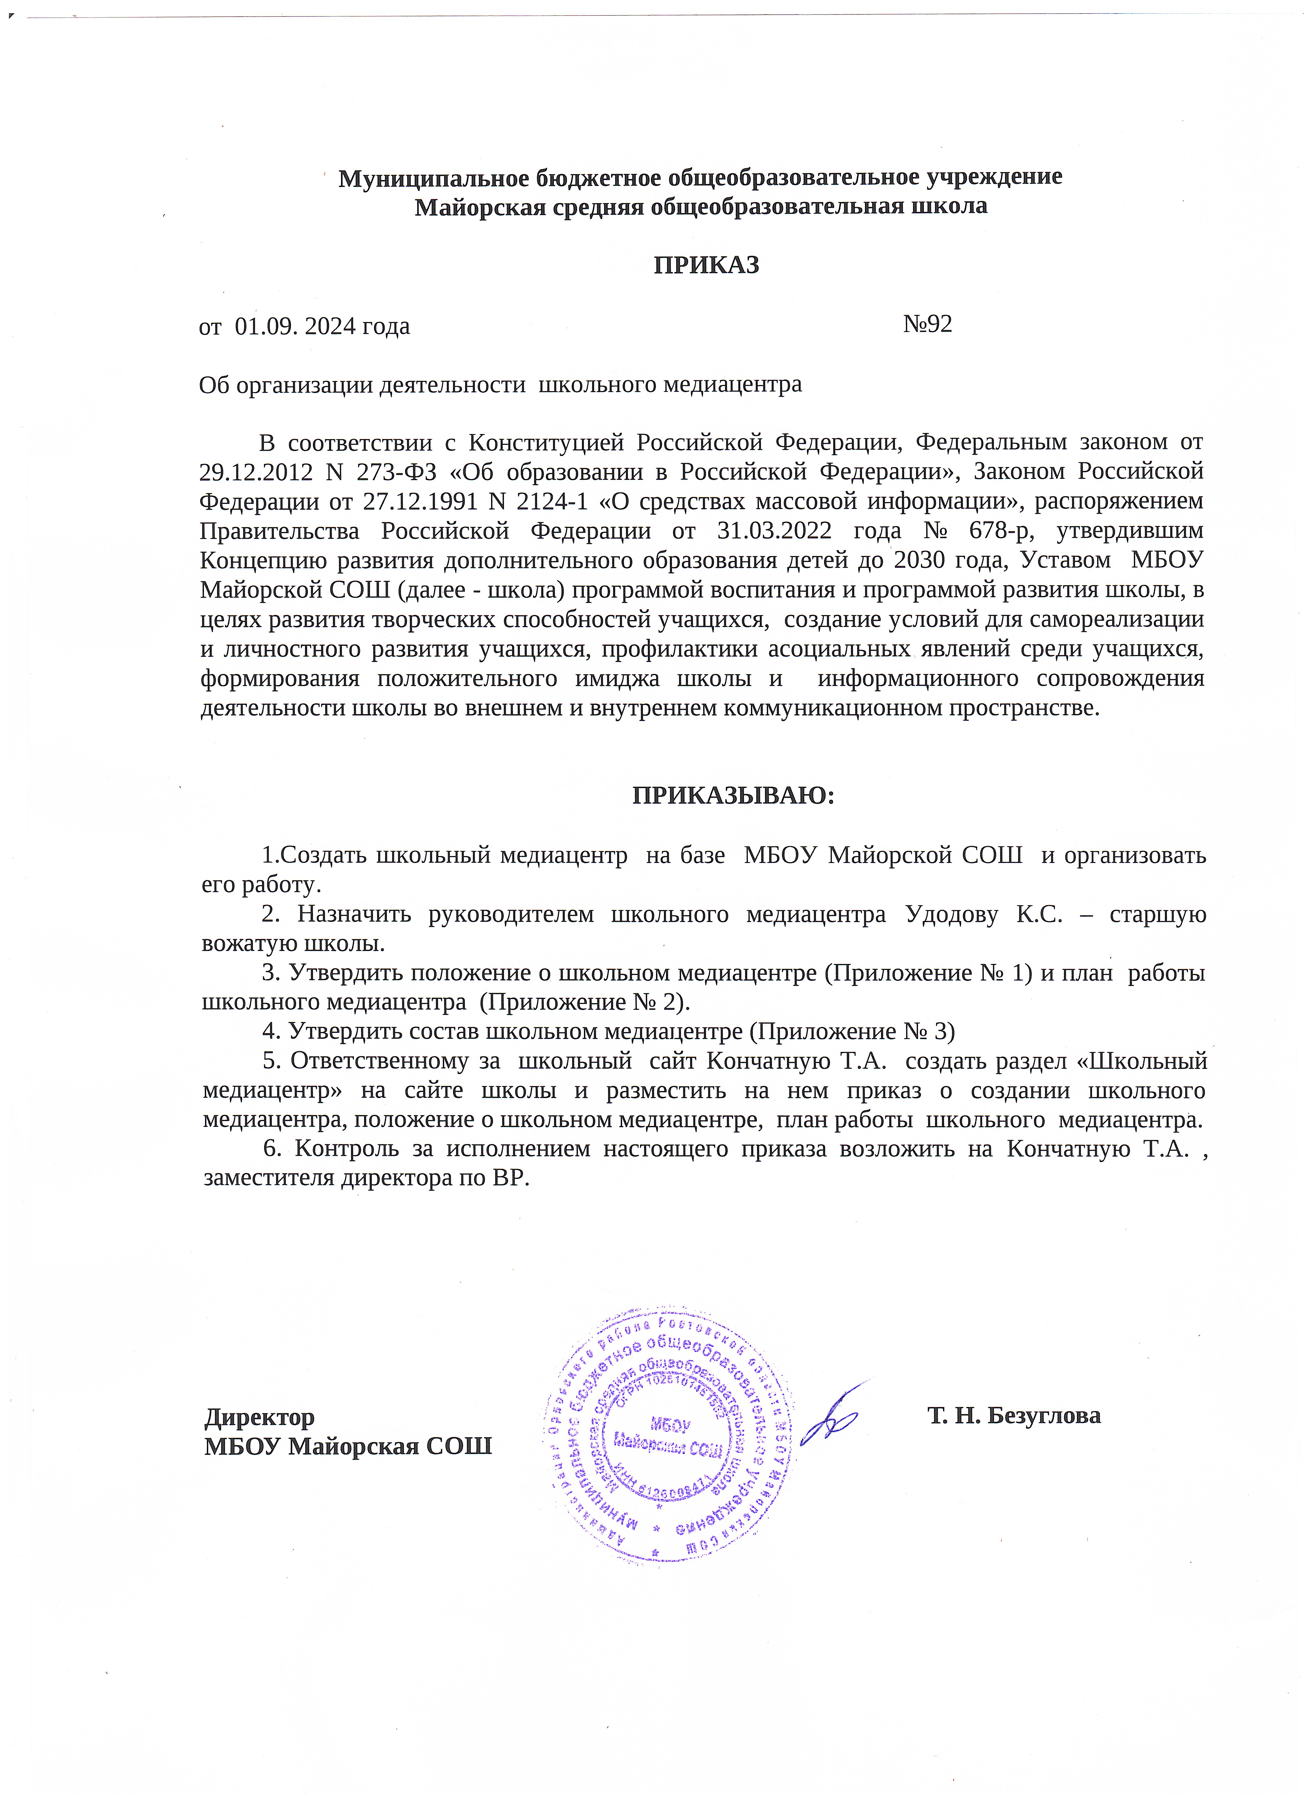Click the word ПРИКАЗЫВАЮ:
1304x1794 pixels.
coord(733,795)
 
